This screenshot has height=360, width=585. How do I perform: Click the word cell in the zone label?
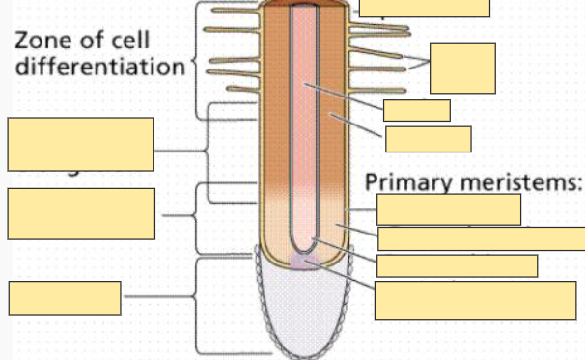tap(154, 42)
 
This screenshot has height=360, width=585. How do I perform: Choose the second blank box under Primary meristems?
tap(481, 238)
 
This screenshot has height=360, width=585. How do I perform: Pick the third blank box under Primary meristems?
tap(457, 265)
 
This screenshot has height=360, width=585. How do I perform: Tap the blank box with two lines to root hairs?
tap(462, 68)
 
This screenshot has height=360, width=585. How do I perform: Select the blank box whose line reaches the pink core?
tap(416, 110)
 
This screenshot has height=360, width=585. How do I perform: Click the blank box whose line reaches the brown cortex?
tap(428, 139)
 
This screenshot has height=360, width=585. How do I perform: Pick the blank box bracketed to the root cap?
tap(65, 297)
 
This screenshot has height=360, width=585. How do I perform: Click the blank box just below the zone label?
tap(80, 144)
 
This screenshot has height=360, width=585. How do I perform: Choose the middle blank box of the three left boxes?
tap(80, 214)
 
